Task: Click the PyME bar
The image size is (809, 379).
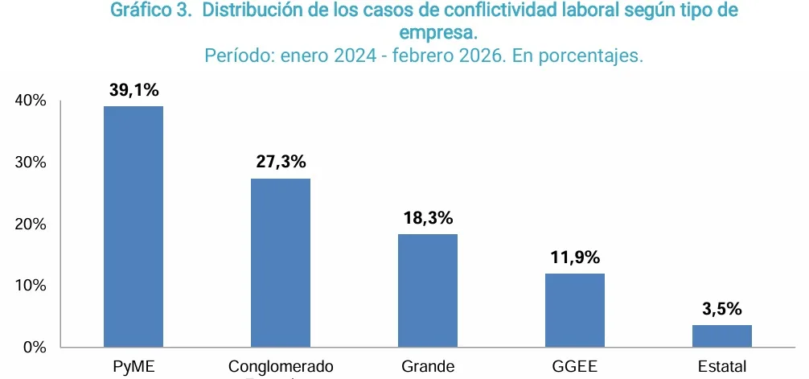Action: pyautogui.click(x=133, y=226)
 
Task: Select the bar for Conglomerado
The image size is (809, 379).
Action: pyautogui.click(x=281, y=262)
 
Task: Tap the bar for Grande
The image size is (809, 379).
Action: pyautogui.click(x=428, y=290)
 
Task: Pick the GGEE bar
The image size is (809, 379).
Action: pyautogui.click(x=575, y=310)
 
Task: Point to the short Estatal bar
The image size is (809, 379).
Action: pyautogui.click(x=722, y=336)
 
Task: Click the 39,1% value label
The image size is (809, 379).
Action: pyautogui.click(x=133, y=90)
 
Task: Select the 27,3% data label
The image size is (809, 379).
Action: pyautogui.click(x=281, y=162)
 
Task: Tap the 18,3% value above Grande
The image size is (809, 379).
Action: pyautogui.click(x=428, y=217)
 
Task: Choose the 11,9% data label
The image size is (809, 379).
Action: pyautogui.click(x=575, y=257)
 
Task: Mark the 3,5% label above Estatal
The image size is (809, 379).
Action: pyautogui.click(x=722, y=309)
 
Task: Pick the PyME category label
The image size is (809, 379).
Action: pyautogui.click(x=133, y=367)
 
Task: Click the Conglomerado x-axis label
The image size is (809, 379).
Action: pyautogui.click(x=281, y=367)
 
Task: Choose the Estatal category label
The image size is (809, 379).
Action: pyautogui.click(x=722, y=367)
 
